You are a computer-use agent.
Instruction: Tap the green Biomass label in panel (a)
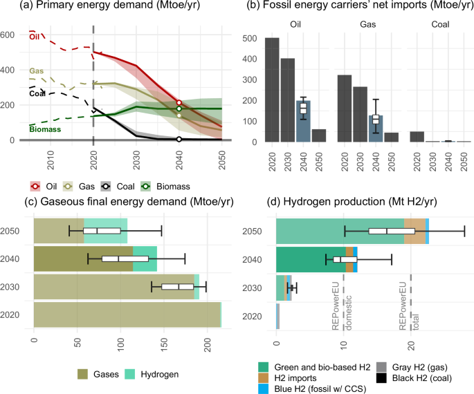tap(44, 129)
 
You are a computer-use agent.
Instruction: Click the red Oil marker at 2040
tap(179, 103)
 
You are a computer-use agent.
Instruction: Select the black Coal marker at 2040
tap(179, 139)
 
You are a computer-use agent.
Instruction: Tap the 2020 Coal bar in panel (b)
tap(417, 136)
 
